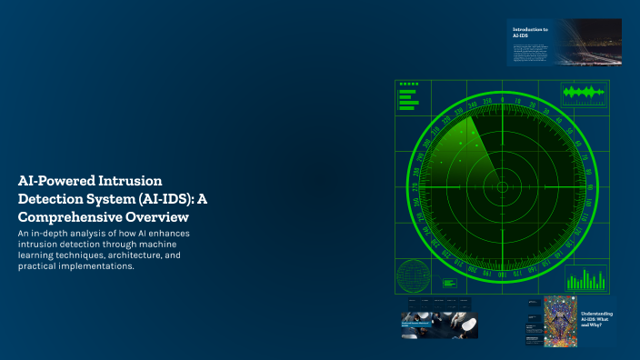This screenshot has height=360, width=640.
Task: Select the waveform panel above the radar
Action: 583,93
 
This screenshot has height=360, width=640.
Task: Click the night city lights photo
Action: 583,42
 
